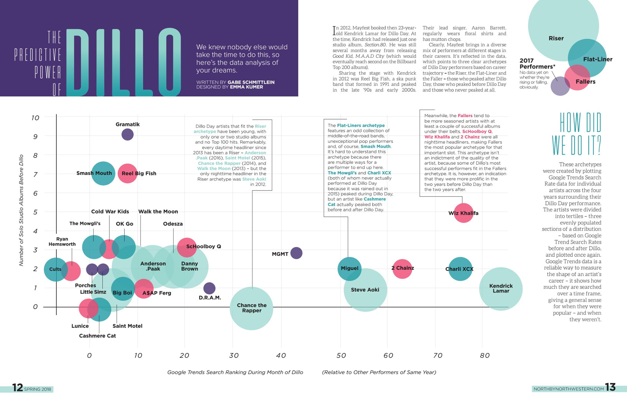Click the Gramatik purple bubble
pyautogui.click(x=127, y=134)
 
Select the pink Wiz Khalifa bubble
pyautogui.click(x=463, y=213)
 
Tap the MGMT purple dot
pyautogui.click(x=296, y=253)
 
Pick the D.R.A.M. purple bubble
pyautogui.click(x=209, y=288)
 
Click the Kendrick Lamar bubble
pyautogui.click(x=501, y=289)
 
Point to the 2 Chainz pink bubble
pyautogui.click(x=402, y=269)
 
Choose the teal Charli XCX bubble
pyautogui.click(x=460, y=269)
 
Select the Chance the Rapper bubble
pyautogui.click(x=251, y=308)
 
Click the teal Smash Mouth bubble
pyautogui.click(x=103, y=173)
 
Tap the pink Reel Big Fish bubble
pyautogui.click(x=127, y=173)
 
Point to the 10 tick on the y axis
pyautogui.click(x=35, y=118)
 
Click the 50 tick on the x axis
pyautogui.click(x=341, y=355)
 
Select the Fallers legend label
pyautogui.click(x=585, y=82)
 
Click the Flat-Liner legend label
pyautogui.click(x=597, y=59)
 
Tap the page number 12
pyautogui.click(x=17, y=387)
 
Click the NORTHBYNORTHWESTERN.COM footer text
pyautogui.click(x=569, y=389)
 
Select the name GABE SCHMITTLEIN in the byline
pyautogui.click(x=251, y=82)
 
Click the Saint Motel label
pyautogui.click(x=127, y=326)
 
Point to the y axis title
pyautogui.click(x=22, y=210)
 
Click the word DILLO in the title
pyautogui.click(x=124, y=62)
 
